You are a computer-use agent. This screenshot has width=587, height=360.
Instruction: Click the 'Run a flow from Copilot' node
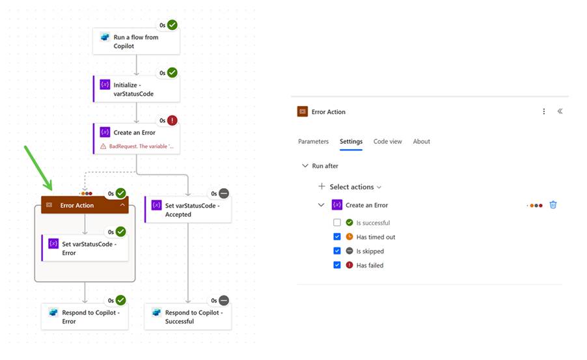coord(136,41)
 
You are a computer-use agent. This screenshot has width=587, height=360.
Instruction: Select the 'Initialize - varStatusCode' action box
coord(136,89)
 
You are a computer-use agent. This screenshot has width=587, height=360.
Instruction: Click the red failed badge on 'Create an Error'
coord(172,120)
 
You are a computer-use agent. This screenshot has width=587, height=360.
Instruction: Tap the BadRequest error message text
coord(141,146)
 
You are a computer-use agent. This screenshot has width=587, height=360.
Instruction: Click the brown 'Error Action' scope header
coord(77,205)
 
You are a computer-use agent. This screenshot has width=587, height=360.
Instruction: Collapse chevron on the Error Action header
coord(122,205)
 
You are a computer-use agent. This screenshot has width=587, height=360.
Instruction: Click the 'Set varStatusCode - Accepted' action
coord(188,210)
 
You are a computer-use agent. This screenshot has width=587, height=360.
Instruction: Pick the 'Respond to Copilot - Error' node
coord(85,316)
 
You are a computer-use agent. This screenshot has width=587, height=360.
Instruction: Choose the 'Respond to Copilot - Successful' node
coord(188,316)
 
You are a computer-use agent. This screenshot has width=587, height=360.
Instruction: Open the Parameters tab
coord(313,141)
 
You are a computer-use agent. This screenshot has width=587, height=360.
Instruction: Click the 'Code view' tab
coord(387,141)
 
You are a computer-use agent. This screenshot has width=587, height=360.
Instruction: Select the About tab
coord(421,141)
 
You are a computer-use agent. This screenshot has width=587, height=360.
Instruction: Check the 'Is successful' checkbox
coord(337,223)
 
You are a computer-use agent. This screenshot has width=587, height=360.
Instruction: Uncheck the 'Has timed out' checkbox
coord(337,237)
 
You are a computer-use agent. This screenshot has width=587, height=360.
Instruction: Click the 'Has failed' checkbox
coord(337,265)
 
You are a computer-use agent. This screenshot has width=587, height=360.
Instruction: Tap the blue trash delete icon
coord(553,204)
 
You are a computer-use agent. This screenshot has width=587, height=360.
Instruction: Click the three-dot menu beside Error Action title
coord(544,111)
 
